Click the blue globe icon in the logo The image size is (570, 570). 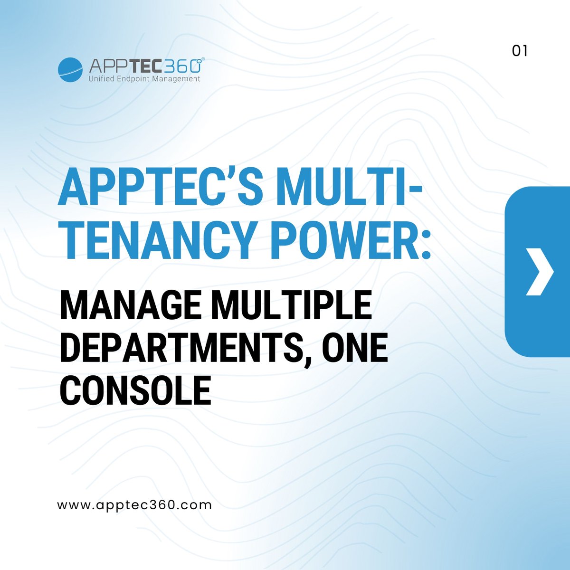point(70,70)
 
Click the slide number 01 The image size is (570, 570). point(520,51)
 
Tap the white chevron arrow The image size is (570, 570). point(540,272)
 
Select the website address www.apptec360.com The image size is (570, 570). point(134,504)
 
